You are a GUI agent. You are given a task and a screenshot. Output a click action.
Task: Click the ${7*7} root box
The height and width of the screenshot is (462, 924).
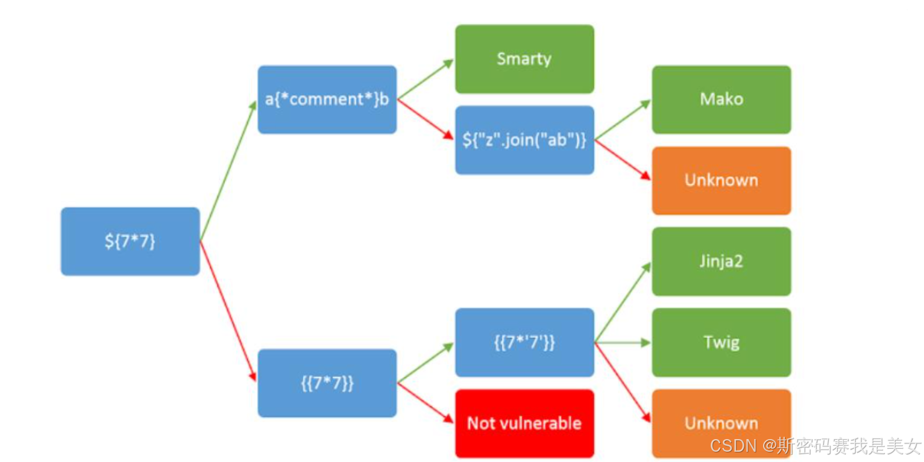point(130,241)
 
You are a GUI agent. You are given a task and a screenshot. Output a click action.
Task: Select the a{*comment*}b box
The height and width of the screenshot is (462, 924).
point(327,99)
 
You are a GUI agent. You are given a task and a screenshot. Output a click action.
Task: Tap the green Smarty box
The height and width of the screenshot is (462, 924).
point(524,58)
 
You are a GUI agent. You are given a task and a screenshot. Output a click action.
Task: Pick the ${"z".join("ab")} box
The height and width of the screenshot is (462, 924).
point(524,140)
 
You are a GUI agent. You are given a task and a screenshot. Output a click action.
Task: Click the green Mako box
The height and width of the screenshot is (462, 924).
point(721,99)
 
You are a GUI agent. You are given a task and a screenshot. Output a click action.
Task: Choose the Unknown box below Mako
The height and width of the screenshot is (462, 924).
point(721,180)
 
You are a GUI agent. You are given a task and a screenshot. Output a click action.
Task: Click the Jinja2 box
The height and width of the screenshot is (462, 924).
point(721,261)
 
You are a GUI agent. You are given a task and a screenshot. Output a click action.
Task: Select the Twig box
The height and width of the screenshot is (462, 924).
point(721,342)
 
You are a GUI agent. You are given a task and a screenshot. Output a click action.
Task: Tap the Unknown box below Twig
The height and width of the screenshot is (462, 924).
point(721,423)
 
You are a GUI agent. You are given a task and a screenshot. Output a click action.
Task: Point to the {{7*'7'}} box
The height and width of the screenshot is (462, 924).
point(524,342)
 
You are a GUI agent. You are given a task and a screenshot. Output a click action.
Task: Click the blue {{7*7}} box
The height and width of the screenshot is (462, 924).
point(327,383)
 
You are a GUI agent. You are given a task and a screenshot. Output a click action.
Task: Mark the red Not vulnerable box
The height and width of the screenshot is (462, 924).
point(524,423)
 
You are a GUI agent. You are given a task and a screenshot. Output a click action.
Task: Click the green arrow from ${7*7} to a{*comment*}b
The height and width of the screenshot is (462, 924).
point(228,171)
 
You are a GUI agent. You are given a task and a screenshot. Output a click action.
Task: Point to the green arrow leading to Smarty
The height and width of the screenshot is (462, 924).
point(426,79)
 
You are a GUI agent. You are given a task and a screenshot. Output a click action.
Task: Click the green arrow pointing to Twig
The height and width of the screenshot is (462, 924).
point(623,342)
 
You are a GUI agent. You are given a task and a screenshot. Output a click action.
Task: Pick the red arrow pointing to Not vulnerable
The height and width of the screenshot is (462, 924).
point(426,402)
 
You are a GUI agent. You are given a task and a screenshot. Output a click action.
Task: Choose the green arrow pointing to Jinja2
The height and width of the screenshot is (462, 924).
point(623,303)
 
